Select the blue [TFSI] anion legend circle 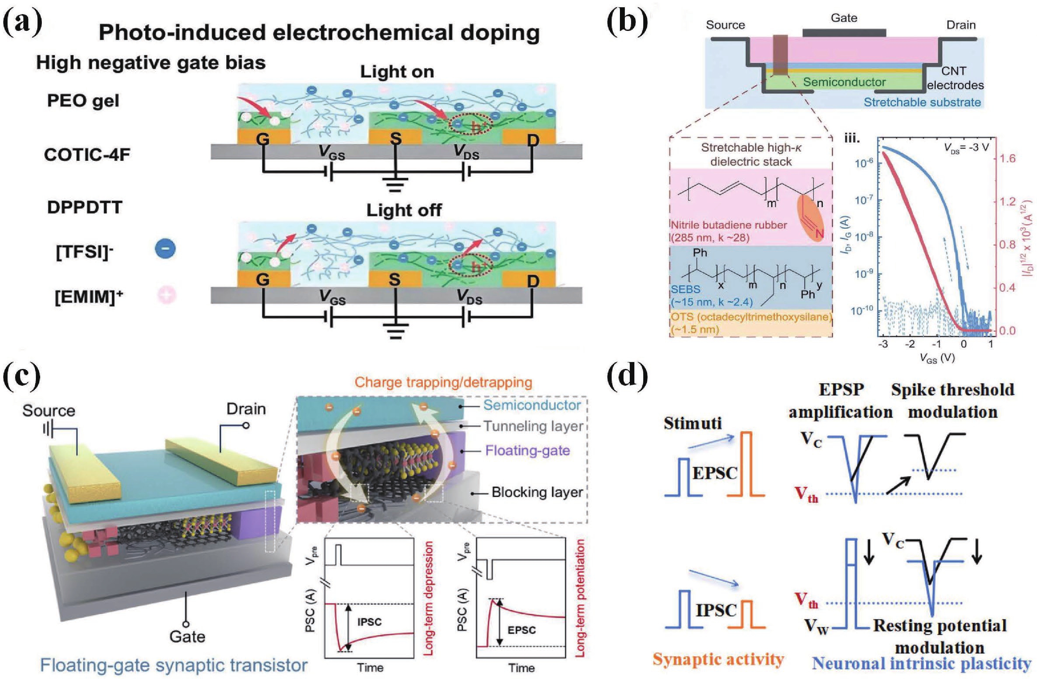pos(166,249)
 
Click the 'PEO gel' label pos(83,101)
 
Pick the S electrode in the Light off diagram pos(395,279)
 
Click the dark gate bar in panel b pos(844,33)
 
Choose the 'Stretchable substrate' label pos(922,102)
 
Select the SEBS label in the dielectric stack pos(685,289)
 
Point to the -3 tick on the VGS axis pos(883,344)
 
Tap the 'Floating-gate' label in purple pos(527,450)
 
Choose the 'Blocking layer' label pos(537,492)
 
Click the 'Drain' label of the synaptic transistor pos(246,409)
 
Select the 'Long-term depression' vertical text pos(429,598)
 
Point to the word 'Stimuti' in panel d pos(692,424)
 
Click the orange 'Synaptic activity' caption pos(718,659)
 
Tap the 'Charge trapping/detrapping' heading pos(443,383)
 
